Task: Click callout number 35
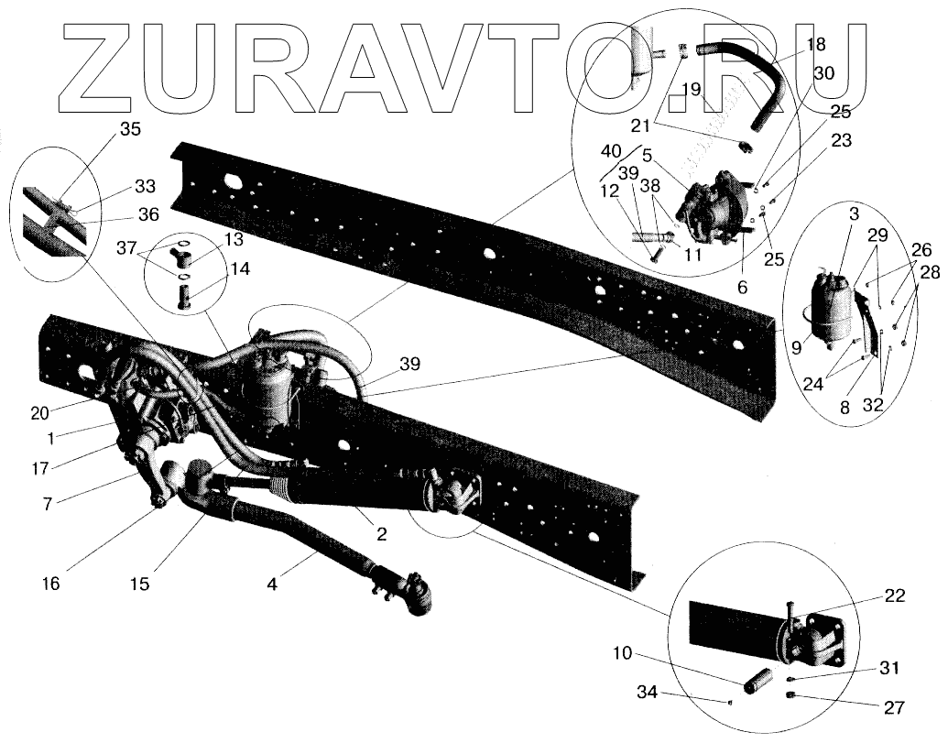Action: (x=131, y=129)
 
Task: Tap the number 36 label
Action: (x=147, y=214)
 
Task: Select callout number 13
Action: (x=234, y=240)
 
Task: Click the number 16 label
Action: (x=50, y=583)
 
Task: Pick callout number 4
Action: (x=273, y=580)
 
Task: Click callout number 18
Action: (x=815, y=44)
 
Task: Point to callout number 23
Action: (x=841, y=141)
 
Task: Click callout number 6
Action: (x=742, y=287)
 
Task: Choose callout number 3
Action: (x=853, y=214)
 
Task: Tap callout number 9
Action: (x=796, y=347)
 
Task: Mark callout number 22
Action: (x=895, y=596)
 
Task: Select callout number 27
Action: (x=894, y=707)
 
